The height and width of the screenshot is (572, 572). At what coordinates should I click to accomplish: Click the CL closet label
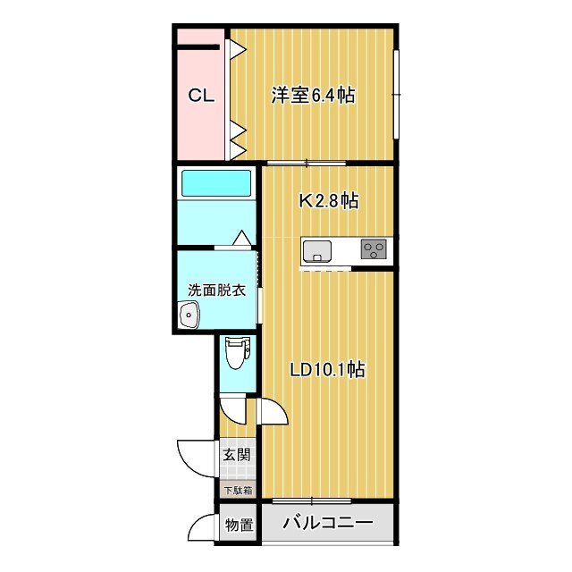point(200,96)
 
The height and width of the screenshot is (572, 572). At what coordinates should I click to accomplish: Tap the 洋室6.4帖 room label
point(313,96)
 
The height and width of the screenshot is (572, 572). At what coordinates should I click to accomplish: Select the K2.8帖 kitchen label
point(328,201)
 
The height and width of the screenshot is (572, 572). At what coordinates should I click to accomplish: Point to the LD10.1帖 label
point(327,369)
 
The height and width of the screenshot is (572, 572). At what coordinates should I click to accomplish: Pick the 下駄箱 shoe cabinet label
point(237,490)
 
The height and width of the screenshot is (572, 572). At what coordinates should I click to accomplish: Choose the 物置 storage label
point(237,525)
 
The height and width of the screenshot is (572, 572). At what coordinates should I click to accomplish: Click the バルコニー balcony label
point(326,525)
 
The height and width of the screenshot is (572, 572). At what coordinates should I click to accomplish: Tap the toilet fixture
point(236,353)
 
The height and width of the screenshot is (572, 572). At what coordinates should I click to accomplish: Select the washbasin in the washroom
point(189,315)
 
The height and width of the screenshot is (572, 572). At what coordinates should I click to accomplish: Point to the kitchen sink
point(316,249)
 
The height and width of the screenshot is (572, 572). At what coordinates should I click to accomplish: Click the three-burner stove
point(374,249)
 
